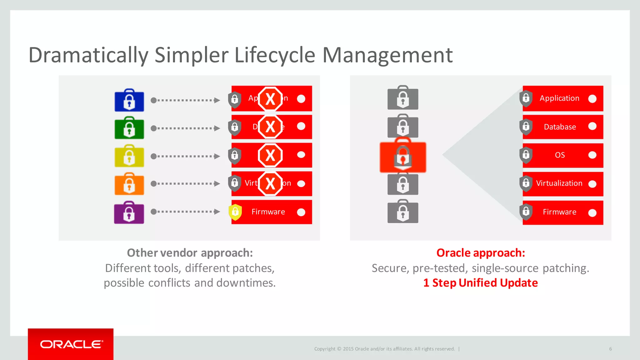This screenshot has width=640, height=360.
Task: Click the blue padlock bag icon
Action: click(129, 100)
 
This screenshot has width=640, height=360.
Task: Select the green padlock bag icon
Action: click(129, 128)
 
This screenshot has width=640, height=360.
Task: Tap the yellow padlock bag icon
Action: click(129, 156)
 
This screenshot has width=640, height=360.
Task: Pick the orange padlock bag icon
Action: click(129, 184)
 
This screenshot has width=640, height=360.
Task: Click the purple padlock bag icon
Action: click(129, 212)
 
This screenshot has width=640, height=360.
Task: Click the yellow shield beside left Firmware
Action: click(235, 212)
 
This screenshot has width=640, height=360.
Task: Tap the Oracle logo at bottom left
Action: click(71, 344)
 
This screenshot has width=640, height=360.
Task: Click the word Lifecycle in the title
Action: click(275, 55)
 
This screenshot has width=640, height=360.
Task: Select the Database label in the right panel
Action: click(560, 127)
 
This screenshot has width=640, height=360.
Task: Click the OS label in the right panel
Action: click(560, 155)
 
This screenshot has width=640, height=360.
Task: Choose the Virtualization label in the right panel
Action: click(559, 183)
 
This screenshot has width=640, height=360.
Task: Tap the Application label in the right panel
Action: click(559, 98)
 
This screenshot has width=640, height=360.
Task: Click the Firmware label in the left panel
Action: click(268, 212)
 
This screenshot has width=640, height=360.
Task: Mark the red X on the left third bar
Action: click(270, 155)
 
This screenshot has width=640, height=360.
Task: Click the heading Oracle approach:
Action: click(481, 253)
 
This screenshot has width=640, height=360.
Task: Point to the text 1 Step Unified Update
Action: click(481, 283)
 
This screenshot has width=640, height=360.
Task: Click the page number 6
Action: click(610, 349)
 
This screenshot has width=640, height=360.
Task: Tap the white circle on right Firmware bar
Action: click(592, 213)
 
